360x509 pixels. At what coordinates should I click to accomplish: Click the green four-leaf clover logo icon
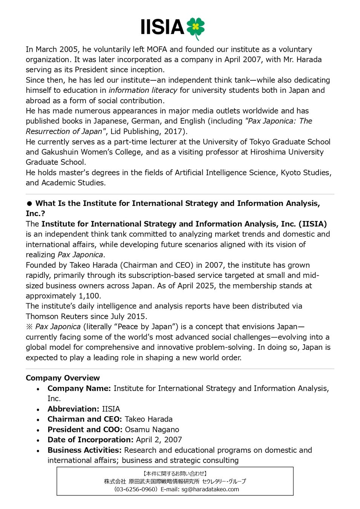click(195, 28)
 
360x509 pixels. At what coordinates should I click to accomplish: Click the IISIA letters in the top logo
click(162, 28)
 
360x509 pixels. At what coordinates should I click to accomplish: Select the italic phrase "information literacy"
click(143, 90)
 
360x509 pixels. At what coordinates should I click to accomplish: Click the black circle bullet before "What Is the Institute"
click(29, 204)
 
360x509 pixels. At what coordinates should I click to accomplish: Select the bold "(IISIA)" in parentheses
click(313, 224)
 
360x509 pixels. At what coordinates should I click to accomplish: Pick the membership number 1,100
click(89, 296)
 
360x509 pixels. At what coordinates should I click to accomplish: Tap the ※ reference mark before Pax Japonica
click(29, 327)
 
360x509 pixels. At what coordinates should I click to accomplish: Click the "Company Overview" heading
click(63, 378)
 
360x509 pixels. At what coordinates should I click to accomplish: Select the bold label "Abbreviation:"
click(73, 409)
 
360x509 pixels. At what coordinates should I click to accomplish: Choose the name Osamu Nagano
click(152, 430)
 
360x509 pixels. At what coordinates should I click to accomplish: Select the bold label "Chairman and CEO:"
click(84, 419)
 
